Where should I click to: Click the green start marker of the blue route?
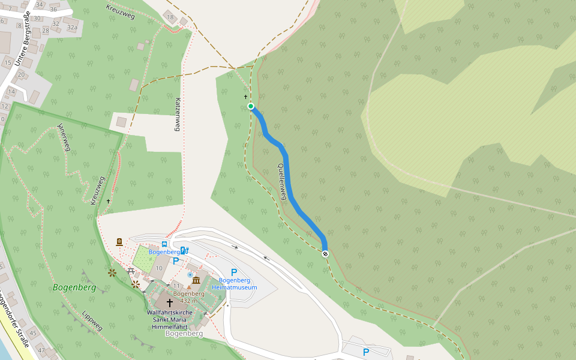(251, 106)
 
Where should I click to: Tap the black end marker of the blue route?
(325, 254)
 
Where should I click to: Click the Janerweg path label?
(63, 137)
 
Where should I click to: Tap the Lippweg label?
(92, 320)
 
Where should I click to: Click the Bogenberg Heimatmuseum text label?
(238, 284)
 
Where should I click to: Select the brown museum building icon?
(196, 280)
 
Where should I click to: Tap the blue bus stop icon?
(164, 244)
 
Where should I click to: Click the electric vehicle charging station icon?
(184, 250)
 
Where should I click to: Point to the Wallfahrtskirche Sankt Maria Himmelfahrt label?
(170, 320)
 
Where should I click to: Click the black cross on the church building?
(170, 303)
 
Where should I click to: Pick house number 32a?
(72, 27)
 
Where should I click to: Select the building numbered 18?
(170, 17)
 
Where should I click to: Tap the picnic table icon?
(131, 271)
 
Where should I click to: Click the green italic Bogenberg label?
(74, 287)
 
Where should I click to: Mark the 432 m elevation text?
(189, 301)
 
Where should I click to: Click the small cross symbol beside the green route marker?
(245, 97)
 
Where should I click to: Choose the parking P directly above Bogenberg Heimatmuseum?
(234, 272)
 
